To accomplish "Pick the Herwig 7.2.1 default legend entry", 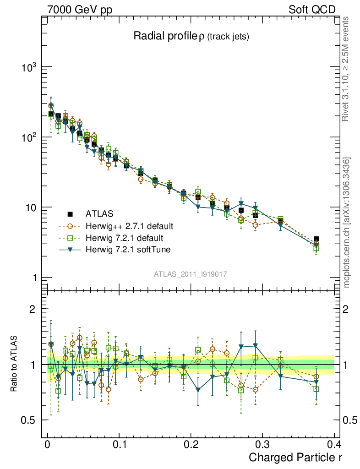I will (x=124, y=238).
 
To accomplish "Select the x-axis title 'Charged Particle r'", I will (x=295, y=457).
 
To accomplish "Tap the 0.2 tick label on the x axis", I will (x=191, y=444).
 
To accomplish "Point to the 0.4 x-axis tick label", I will (x=334, y=444).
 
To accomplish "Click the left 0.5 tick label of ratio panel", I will (x=30, y=420).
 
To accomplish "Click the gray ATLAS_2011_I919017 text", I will (x=191, y=274).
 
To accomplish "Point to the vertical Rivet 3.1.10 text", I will (x=347, y=69).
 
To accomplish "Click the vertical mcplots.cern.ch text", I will (x=347, y=222).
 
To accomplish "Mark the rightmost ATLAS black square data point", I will (x=316, y=240).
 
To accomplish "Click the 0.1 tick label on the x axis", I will (x=119, y=444).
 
